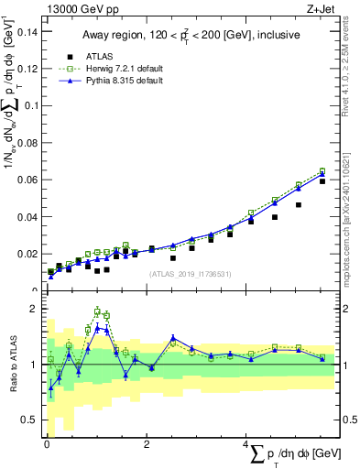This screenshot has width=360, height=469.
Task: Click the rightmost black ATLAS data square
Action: (x=322, y=181)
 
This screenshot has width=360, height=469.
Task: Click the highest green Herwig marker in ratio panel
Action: (x=97, y=311)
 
